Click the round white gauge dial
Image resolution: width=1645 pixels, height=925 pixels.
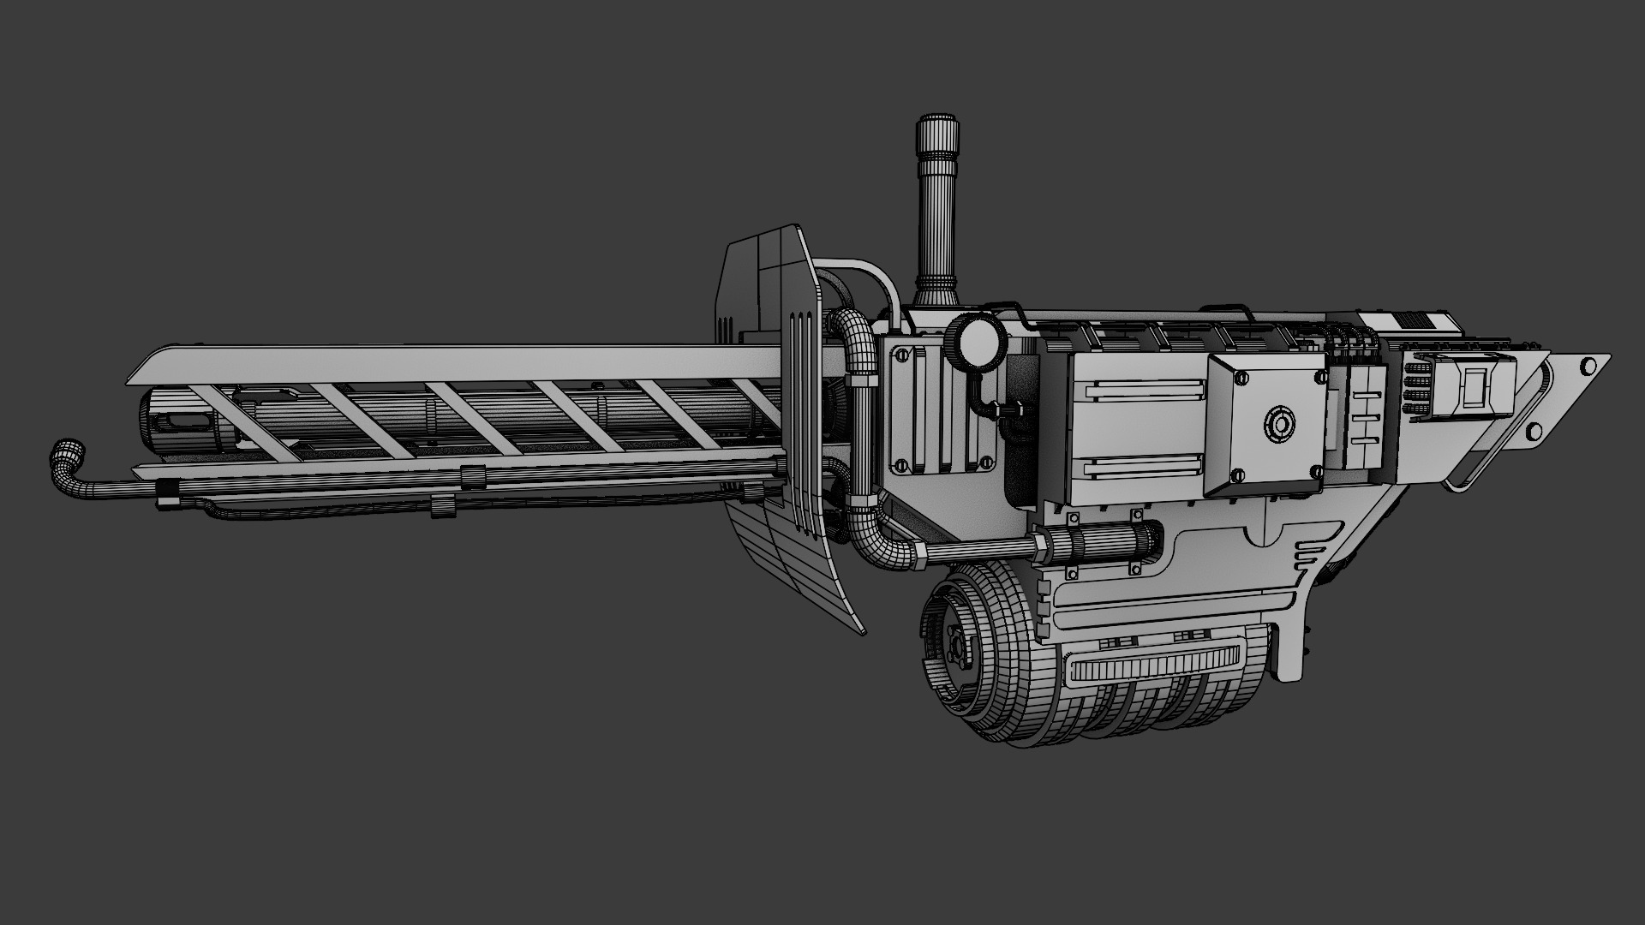point(977,342)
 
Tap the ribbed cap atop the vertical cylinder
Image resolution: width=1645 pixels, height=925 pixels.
point(938,133)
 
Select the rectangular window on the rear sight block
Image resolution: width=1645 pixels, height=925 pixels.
point(1475,389)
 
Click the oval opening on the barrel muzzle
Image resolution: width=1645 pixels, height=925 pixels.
point(185,422)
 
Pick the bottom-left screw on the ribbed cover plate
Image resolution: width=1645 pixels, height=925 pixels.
point(900,465)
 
